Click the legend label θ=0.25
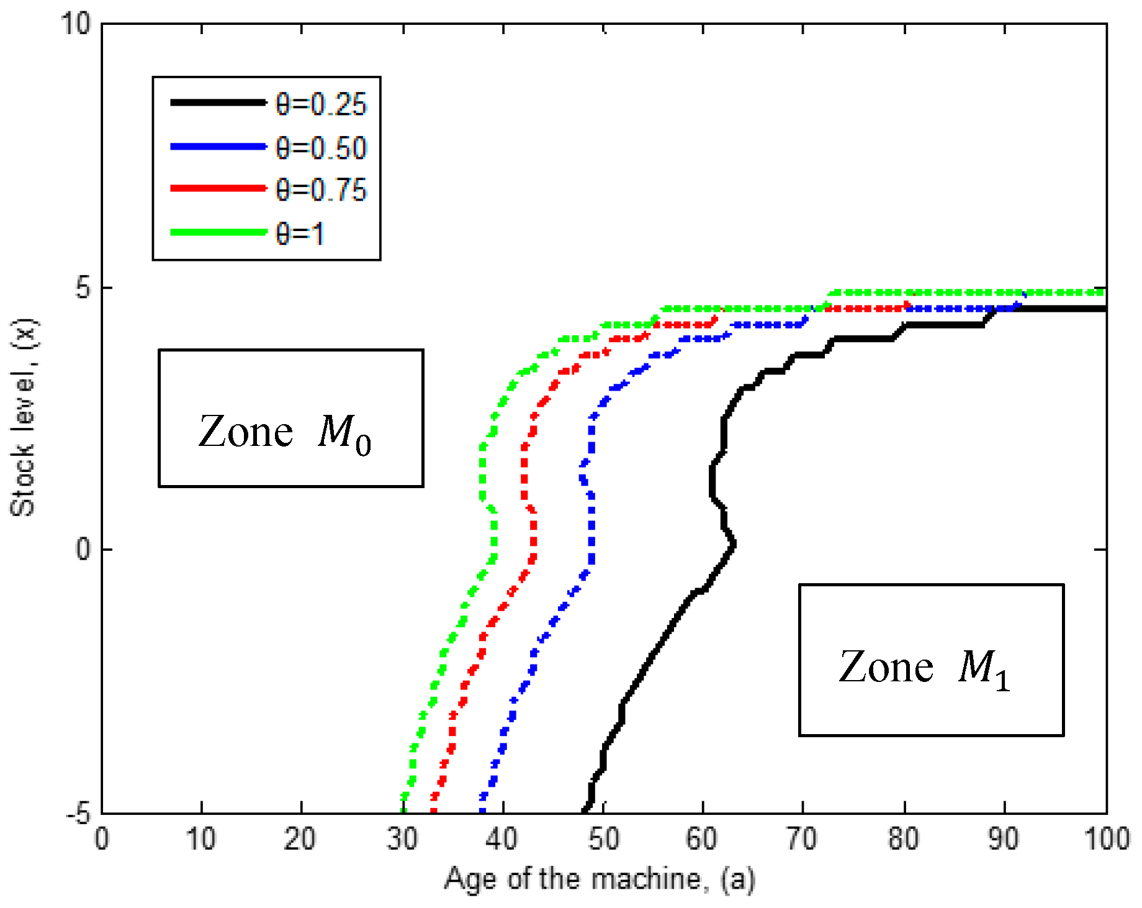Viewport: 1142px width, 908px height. coord(321,104)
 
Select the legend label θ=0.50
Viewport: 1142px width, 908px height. coord(321,148)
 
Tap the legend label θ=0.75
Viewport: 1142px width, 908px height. coord(321,189)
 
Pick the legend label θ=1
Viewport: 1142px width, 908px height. coord(300,234)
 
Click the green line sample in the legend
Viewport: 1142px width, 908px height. coord(218,232)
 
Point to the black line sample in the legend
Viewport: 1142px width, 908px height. coord(218,102)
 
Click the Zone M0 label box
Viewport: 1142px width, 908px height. coord(290,418)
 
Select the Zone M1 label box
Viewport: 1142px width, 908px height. coord(931,660)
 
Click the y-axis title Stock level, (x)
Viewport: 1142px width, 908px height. coord(23,417)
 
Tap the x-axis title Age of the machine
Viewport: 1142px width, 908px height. coord(599,879)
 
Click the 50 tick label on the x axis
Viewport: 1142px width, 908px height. coord(603,839)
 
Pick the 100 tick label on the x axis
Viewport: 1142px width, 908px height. coord(1106,839)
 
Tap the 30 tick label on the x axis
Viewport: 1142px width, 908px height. coord(402,839)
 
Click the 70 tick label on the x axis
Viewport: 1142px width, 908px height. coord(802,839)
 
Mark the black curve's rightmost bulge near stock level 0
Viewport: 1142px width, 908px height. coord(734,545)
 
